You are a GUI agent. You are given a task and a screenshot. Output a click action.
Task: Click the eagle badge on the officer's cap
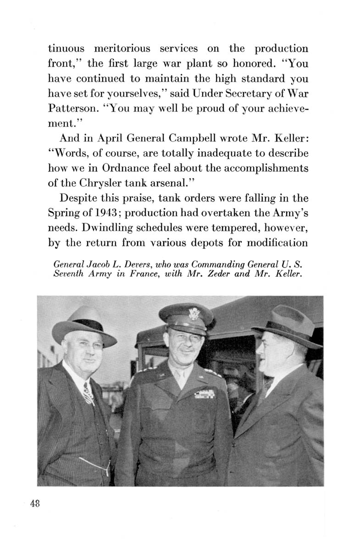[194, 314]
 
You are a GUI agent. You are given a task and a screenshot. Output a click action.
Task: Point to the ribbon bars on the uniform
[205, 394]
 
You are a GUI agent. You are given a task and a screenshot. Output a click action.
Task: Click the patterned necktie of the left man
[88, 393]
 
